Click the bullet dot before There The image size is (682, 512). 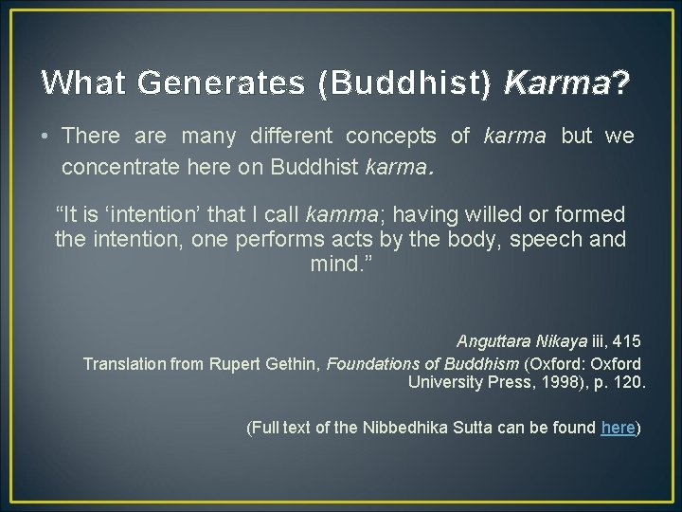45,137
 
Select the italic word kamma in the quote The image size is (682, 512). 350,215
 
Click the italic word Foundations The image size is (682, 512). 371,364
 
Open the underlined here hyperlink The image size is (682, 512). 618,428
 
